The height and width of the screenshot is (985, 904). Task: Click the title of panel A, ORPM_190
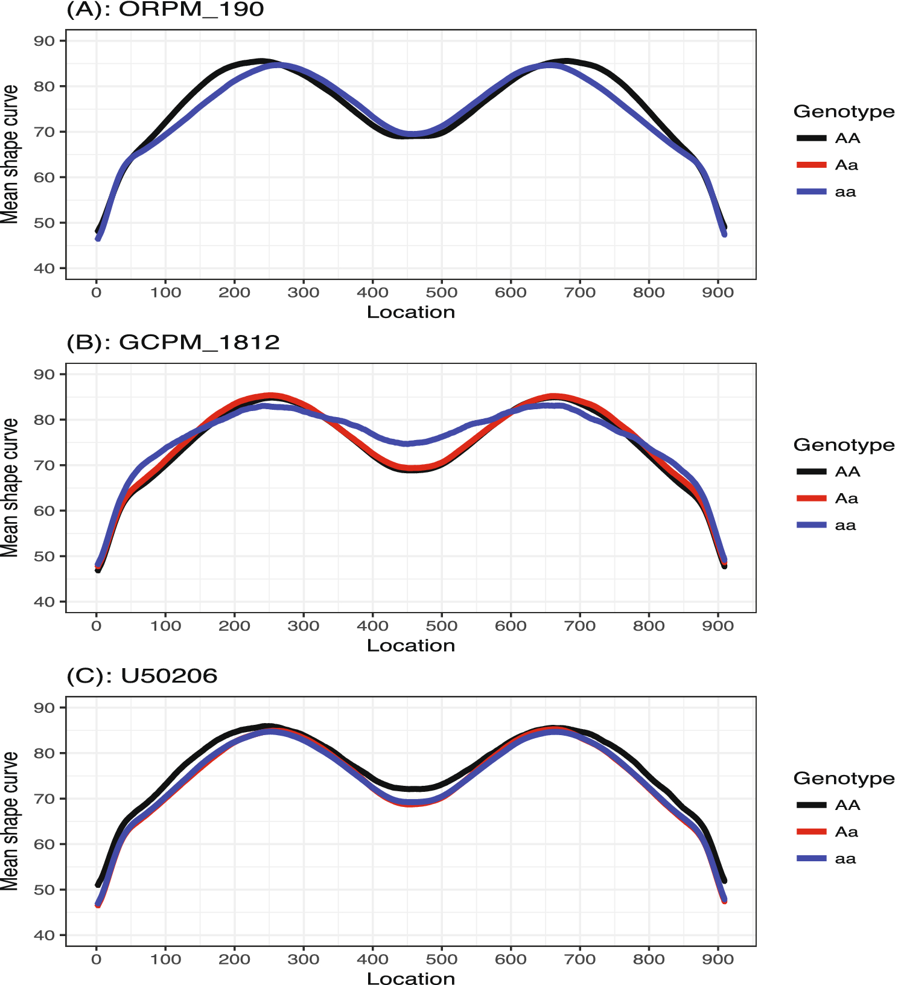click(165, 10)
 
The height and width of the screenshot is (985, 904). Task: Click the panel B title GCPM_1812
click(173, 342)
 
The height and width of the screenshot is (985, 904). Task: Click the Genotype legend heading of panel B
click(844, 445)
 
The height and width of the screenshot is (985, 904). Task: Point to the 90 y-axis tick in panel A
click(45, 41)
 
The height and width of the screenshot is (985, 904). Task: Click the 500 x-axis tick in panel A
click(442, 293)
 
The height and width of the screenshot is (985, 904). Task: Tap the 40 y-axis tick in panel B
click(45, 602)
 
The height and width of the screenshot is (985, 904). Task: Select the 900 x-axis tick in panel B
click(718, 626)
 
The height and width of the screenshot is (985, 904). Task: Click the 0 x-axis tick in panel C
click(97, 959)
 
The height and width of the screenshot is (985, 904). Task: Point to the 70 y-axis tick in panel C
click(45, 799)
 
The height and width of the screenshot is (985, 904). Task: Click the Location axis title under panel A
click(411, 312)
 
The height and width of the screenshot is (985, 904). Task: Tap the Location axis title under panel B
click(411, 645)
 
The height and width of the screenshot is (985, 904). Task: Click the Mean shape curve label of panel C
click(10, 821)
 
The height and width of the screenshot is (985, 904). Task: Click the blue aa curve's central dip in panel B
click(407, 444)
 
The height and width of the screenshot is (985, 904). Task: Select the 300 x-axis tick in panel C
click(304, 959)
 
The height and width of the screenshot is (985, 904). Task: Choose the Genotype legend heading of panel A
click(844, 112)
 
